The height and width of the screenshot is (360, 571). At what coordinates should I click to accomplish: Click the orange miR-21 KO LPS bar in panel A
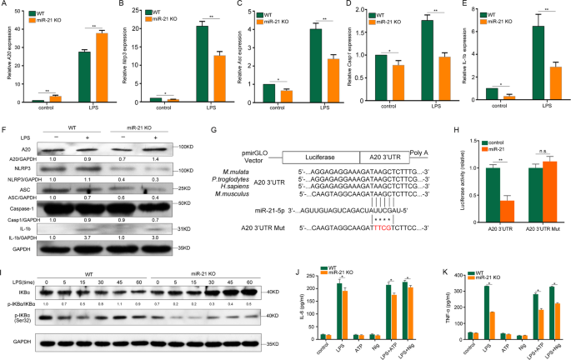[102, 67]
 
